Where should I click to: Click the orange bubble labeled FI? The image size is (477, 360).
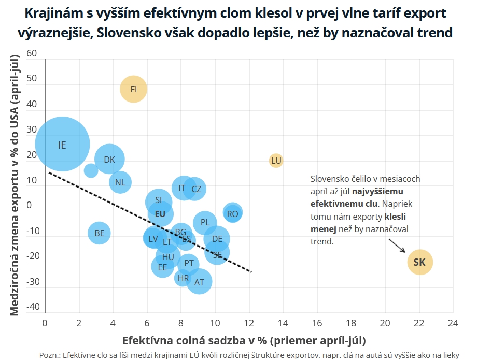point(134,89)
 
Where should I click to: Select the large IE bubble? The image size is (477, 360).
point(62,145)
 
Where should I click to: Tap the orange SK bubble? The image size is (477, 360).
point(419,263)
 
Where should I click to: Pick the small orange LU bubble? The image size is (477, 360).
point(276,161)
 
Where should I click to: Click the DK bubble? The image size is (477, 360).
point(109,160)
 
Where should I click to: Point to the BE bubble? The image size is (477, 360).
point(100,233)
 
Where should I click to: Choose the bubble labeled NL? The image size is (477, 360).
point(120,182)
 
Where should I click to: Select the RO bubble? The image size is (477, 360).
point(233,213)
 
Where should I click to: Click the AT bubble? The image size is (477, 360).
point(199,282)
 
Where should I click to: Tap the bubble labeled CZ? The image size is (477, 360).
point(196,189)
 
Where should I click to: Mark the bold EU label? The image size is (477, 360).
point(160,213)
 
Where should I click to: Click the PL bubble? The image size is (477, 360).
point(205,222)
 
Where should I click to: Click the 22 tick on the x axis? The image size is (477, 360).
point(419,323)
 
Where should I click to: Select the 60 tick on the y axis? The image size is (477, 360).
point(32,53)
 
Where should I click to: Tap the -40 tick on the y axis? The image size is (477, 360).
point(32,307)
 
